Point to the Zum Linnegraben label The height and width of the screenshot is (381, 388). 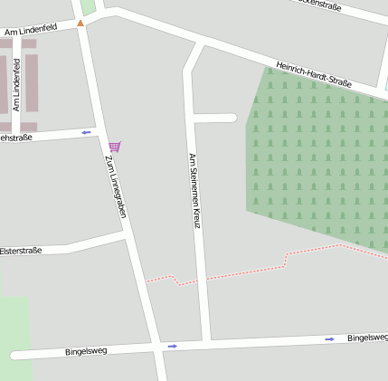point(115,186)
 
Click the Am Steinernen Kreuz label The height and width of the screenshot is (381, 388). point(194,189)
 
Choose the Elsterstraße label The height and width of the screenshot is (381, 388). point(21,251)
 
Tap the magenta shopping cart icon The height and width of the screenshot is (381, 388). point(114,147)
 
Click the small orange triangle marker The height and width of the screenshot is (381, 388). point(80,23)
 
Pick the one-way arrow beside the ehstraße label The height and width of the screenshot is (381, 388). point(87,133)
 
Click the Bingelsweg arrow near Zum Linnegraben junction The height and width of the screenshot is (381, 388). point(172,346)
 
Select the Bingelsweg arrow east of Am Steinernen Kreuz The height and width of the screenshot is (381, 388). point(330,339)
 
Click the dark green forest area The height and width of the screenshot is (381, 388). point(317,154)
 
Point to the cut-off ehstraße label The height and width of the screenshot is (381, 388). point(16,138)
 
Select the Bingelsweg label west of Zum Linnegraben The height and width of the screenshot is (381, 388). point(86,350)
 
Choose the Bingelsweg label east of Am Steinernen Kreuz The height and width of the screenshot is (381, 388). point(367,338)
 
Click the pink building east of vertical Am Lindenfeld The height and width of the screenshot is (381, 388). point(32,83)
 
